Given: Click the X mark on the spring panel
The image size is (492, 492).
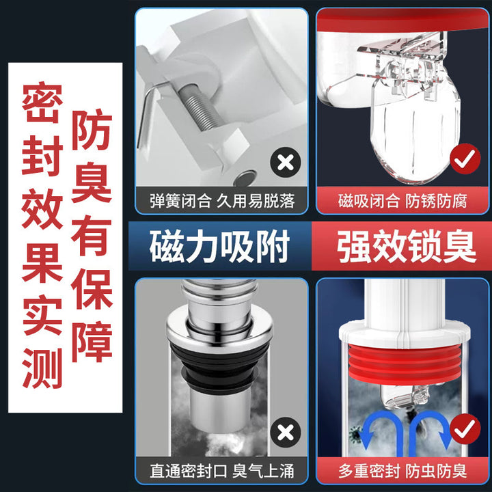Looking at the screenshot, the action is tap(285, 163).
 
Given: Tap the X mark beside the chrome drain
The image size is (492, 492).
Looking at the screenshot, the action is tap(285, 433).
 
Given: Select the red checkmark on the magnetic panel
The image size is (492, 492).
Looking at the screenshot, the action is tap(465, 159).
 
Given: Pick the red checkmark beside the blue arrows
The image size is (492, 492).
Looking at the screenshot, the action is tap(465, 428).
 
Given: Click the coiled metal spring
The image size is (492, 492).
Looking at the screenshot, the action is tap(200, 108).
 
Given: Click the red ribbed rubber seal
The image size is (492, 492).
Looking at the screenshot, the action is tap(405, 365).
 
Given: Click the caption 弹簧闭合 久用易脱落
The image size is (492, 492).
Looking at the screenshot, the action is tap(222, 201).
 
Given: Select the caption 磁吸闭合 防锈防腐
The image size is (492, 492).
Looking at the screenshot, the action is tap(402, 201).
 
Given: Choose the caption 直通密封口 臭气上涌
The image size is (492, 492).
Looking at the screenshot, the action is tap(222, 471).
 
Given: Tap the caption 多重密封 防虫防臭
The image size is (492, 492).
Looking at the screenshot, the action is tap(402, 471).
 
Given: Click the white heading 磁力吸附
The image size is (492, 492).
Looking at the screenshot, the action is tap(219, 246).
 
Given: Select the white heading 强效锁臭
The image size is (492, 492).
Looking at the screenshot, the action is tap(407, 246).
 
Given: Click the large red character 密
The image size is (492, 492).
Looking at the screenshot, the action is tap(42, 102).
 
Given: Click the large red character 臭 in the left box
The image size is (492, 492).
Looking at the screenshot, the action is tap(92, 182).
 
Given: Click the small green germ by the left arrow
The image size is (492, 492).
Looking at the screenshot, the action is tap(356, 434).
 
